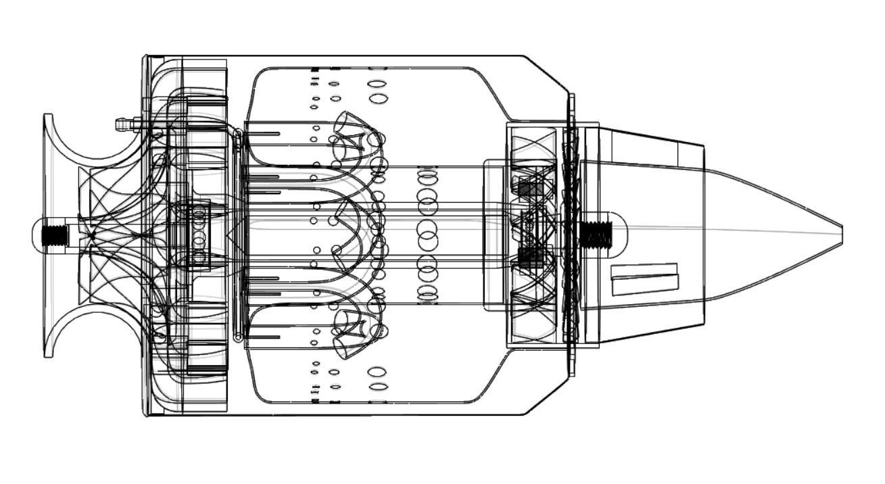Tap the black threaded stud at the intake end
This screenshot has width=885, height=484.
coord(55,235)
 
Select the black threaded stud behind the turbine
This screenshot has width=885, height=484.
coord(596,234)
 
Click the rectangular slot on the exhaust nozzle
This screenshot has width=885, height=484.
coord(644,279)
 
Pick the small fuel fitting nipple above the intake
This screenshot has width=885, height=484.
coord(122,124)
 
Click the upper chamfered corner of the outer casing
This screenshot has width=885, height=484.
coord(546,74)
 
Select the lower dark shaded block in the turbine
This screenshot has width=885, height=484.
coord(530,256)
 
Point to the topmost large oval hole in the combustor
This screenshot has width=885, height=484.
coord(378,85)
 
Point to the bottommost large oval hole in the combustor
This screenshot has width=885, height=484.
coord(379,387)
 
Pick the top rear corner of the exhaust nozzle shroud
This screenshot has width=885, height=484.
coord(703,146)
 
